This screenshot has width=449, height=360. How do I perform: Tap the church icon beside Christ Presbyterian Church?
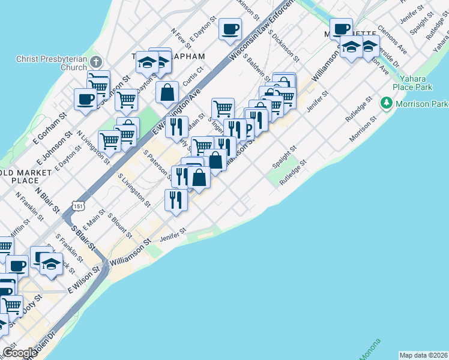click(x=97, y=61)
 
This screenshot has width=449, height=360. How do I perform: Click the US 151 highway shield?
click(x=77, y=206)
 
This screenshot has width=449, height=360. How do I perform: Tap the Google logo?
click(x=20, y=353)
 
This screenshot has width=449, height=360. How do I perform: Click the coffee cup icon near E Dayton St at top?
click(x=230, y=28)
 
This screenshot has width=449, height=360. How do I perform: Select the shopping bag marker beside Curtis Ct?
click(x=167, y=92)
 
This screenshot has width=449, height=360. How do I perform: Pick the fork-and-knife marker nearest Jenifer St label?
click(x=175, y=199)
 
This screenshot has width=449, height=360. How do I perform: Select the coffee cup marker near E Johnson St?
click(x=86, y=99)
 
